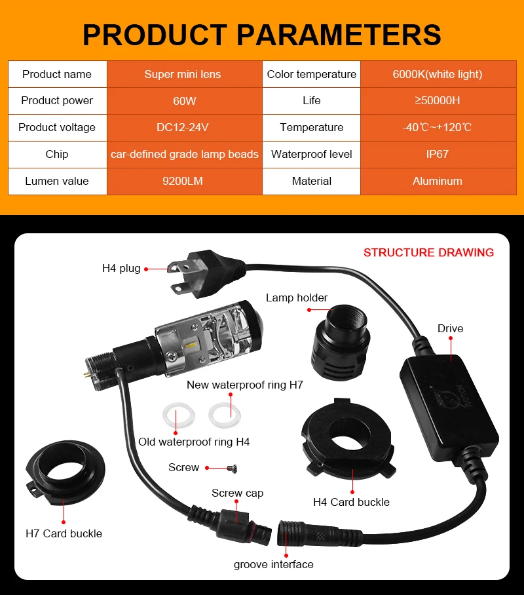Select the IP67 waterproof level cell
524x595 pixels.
pos(437,155)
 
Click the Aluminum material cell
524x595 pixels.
pos(437,182)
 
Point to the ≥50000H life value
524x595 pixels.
pos(437,101)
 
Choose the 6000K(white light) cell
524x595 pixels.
pos(437,74)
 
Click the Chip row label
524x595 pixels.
pos(57,155)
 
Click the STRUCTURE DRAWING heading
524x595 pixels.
pos(428,252)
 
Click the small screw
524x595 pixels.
pos(231,468)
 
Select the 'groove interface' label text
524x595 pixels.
pos(273,564)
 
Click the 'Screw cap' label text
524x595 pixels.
pos(237,493)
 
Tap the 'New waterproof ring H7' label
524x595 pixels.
pos(244,385)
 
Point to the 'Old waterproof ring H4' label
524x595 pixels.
pos(194,442)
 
